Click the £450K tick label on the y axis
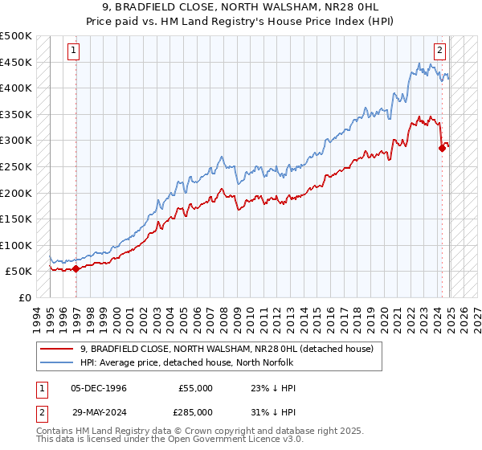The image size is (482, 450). tap(16, 62)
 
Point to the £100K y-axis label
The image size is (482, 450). tap(16, 245)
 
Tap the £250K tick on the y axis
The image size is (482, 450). tap(16, 166)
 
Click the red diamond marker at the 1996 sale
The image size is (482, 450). tap(76, 269)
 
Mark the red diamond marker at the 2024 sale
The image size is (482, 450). tap(442, 148)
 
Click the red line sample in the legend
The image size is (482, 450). tap(57, 349)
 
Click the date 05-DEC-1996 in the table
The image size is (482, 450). tap(98, 388)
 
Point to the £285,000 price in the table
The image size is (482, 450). tap(195, 411)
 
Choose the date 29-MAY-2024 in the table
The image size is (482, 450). tap(98, 411)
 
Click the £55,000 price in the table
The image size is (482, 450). tap(195, 388)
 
